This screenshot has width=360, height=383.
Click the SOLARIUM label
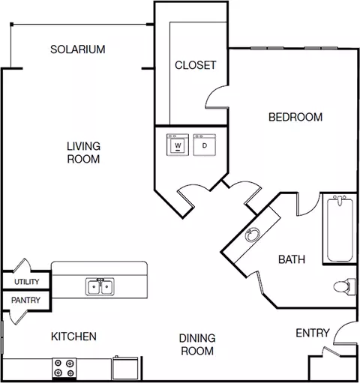78,49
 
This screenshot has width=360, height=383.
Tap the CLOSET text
195,65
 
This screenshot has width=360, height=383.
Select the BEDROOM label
295,117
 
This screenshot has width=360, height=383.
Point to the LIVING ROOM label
83,153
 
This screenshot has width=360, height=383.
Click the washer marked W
178,145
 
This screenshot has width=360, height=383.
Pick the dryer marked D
205,145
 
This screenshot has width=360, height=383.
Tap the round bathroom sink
253,235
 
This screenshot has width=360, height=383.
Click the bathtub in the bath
340,229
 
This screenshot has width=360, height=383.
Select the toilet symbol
344,286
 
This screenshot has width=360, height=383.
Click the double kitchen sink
100,286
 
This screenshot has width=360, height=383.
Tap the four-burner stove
64,369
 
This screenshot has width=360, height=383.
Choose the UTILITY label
27,282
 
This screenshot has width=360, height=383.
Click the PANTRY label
25,300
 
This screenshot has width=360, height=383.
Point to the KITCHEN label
73,337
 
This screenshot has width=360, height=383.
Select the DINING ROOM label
197,345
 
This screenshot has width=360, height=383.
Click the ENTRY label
313,333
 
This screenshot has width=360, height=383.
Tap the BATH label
292,259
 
